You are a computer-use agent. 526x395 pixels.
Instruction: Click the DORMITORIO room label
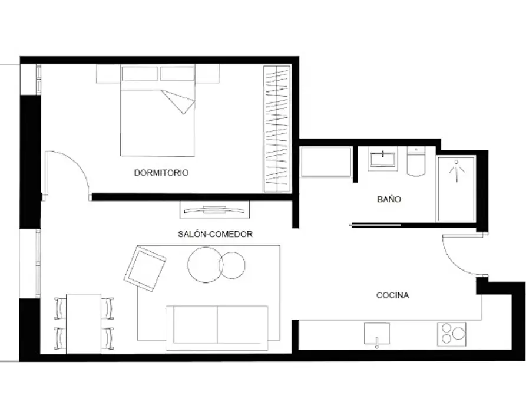161,173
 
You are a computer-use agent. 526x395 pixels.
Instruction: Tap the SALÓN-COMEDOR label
215,234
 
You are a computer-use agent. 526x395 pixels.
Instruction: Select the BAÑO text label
389,199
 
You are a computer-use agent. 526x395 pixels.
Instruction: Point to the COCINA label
392,295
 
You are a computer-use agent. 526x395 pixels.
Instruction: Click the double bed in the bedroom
157,111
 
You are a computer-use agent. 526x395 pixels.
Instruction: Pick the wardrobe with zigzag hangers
277,129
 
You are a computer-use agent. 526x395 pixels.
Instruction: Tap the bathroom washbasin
383,159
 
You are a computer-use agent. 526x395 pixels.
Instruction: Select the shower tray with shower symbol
456,189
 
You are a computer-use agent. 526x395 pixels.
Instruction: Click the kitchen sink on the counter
377,334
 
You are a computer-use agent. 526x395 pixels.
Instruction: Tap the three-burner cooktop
452,334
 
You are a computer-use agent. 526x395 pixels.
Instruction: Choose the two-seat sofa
217,328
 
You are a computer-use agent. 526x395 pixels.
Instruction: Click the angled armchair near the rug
145,268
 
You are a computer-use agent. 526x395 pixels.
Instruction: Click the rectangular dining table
84,324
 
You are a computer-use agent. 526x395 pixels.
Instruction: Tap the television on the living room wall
214,210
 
